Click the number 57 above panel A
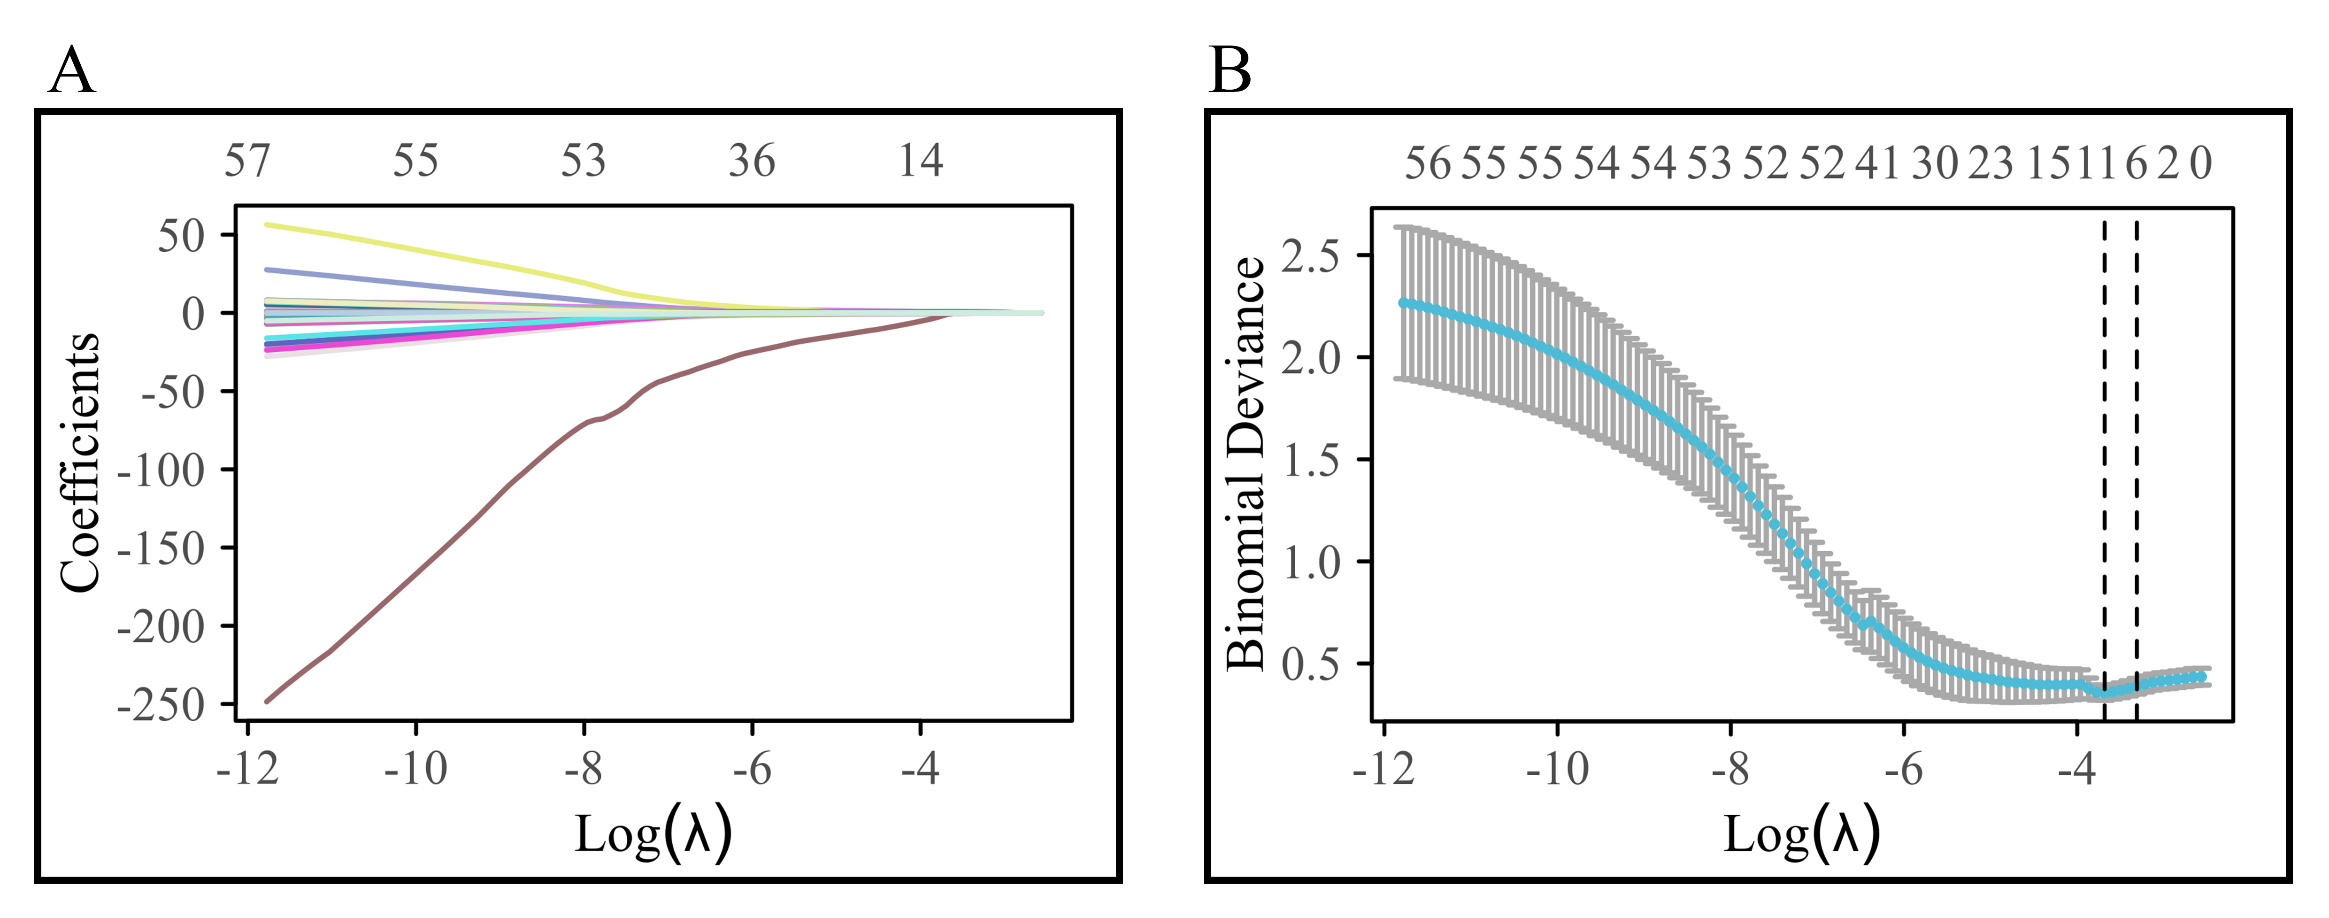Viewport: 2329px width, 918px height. [247, 162]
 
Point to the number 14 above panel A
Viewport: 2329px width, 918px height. [921, 162]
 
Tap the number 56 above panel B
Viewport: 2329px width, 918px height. [1427, 164]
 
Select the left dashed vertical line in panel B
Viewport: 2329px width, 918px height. [2104, 452]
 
